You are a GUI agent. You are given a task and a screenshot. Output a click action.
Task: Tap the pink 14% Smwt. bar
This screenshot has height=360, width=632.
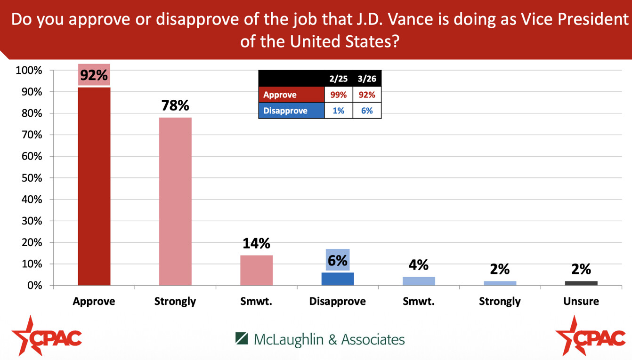coord(256,270)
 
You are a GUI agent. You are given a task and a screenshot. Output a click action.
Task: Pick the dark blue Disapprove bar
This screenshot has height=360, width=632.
coord(338,279)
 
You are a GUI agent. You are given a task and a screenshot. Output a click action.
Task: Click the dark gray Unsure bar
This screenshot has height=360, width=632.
coord(581,283)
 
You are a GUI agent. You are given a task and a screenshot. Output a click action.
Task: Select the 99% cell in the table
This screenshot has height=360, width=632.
coord(338,95)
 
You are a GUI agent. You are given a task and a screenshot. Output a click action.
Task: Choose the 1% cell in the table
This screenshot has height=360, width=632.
coord(338,111)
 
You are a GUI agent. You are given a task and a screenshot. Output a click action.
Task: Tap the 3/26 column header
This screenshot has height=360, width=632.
coord(367,79)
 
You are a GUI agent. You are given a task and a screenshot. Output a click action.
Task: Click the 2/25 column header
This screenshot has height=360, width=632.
coord(338,79)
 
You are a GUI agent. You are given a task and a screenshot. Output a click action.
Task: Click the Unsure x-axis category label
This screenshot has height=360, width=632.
coord(581,301)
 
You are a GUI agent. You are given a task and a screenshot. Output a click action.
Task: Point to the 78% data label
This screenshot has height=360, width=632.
coord(175,105)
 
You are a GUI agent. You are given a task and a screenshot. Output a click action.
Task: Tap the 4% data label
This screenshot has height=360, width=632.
coord(419,265)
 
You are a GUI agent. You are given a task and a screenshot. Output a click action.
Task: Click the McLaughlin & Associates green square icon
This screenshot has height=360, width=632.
coord(242,339)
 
